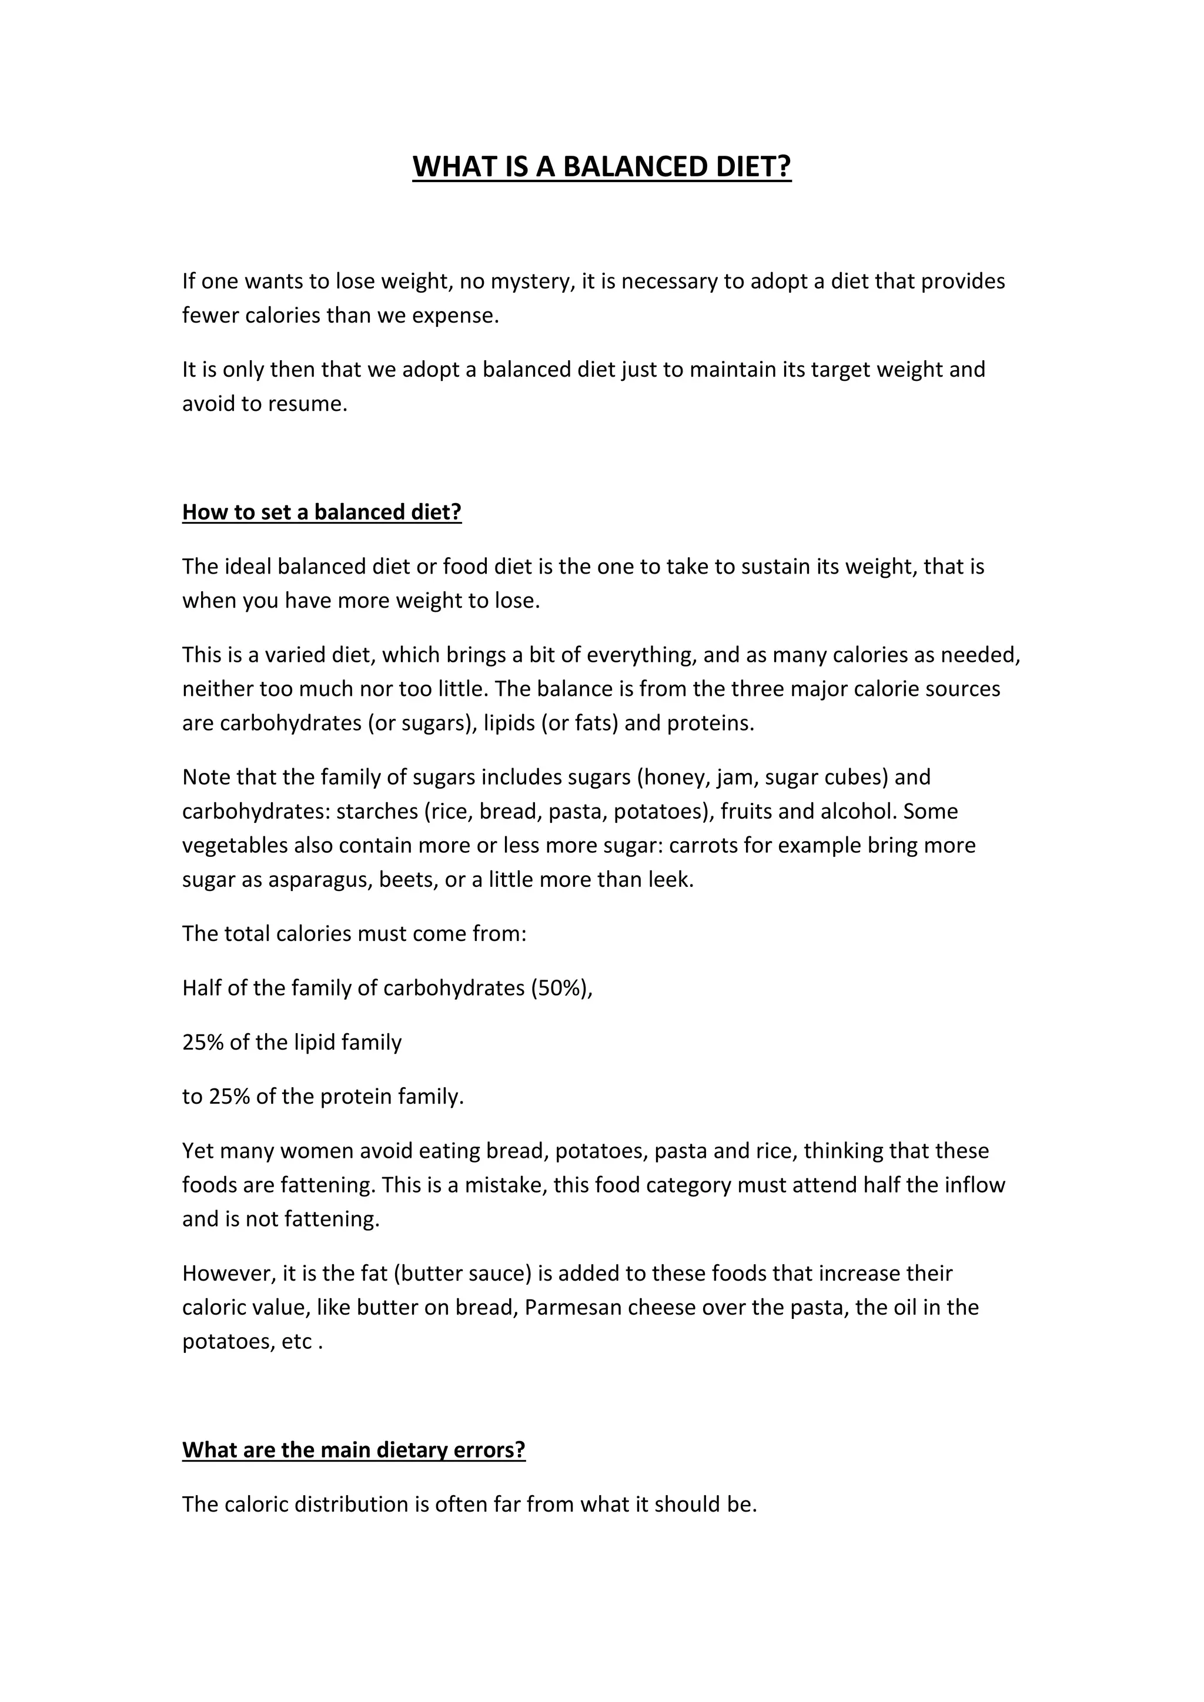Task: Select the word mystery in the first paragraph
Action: [531, 282]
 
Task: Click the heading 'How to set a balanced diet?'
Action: [322, 512]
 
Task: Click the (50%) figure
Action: [561, 988]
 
